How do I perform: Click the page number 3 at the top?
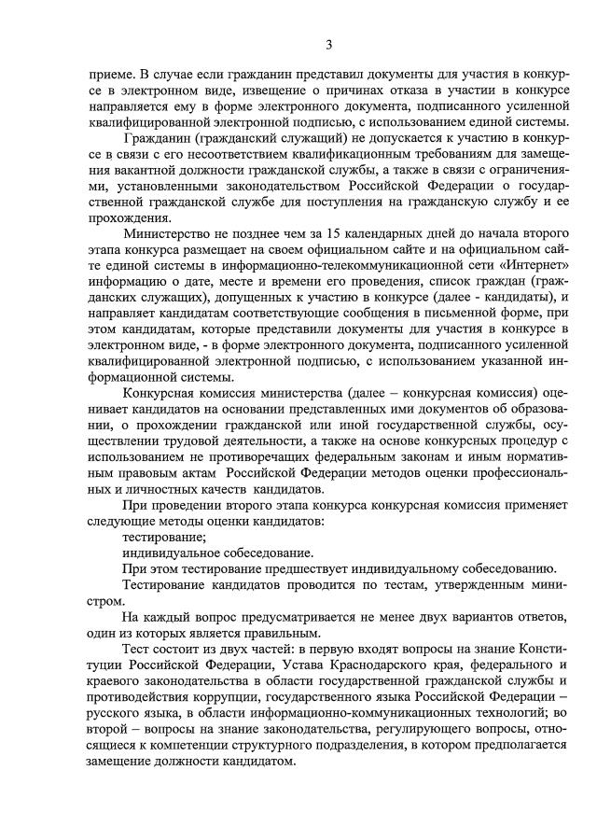coord(328,45)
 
